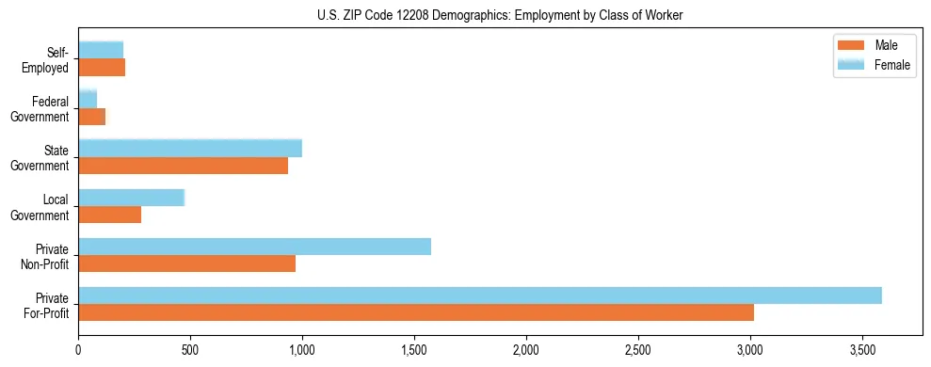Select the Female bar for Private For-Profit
[479, 295]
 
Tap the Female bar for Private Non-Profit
[254, 247]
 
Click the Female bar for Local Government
[131, 198]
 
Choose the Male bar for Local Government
[109, 215]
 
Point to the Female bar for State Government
[190, 149]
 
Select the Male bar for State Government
[183, 166]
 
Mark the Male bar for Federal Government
[91, 117]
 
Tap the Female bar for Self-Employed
[101, 51]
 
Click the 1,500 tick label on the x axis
[414, 350]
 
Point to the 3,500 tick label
[862, 350]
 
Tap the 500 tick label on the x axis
[190, 350]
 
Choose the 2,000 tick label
[526, 350]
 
